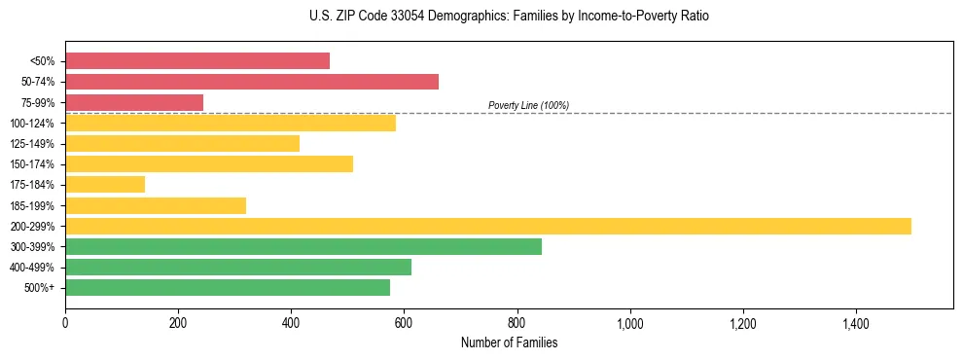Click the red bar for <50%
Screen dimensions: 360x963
197,61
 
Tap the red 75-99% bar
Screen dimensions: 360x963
134,102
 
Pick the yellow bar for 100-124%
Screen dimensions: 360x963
231,123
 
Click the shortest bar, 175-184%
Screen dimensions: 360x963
105,184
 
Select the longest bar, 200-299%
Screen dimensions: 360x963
488,226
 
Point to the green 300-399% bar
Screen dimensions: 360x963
303,246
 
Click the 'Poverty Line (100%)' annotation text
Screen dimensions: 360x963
528,105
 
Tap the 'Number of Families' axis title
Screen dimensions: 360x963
509,342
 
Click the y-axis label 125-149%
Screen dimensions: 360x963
32,144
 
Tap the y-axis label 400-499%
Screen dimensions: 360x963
32,268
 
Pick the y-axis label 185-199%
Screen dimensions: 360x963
32,205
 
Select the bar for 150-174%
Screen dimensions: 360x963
209,163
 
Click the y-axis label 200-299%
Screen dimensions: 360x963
32,227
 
